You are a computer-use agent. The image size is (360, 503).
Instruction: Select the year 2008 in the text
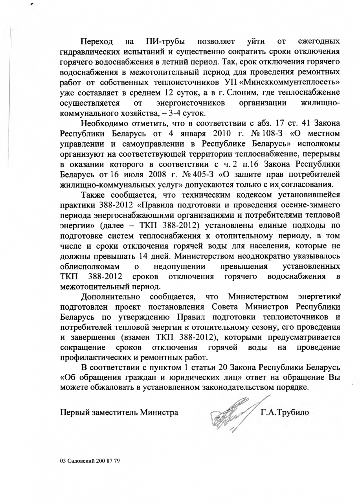pos(118,174)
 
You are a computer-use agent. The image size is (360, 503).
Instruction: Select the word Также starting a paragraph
pos(94,195)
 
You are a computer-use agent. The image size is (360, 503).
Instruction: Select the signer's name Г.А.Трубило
pos(285,413)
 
